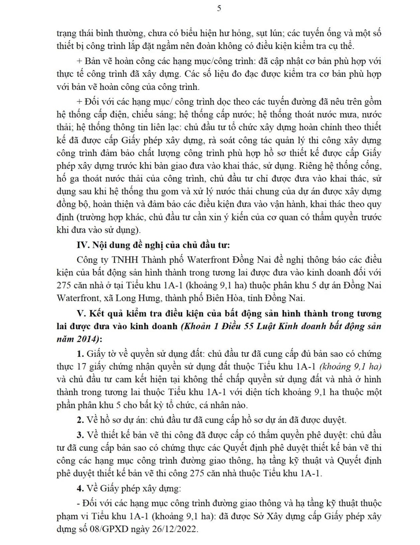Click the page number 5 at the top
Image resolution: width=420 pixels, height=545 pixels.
point(219,8)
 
